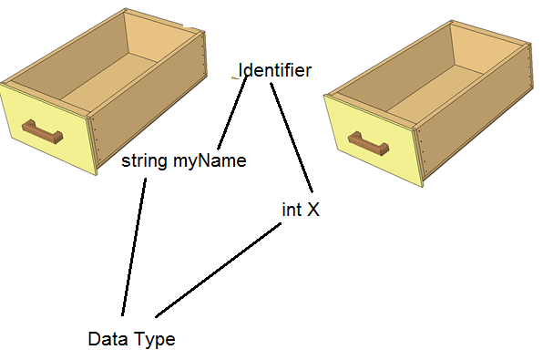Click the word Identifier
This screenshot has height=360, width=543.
pyautogui.click(x=275, y=70)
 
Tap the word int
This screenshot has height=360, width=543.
pyautogui.click(x=292, y=210)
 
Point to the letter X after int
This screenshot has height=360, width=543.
pyautogui.click(x=312, y=210)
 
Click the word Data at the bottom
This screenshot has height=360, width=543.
pyautogui.click(x=106, y=339)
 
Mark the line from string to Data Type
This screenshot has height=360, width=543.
pyautogui.click(x=134, y=246)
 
